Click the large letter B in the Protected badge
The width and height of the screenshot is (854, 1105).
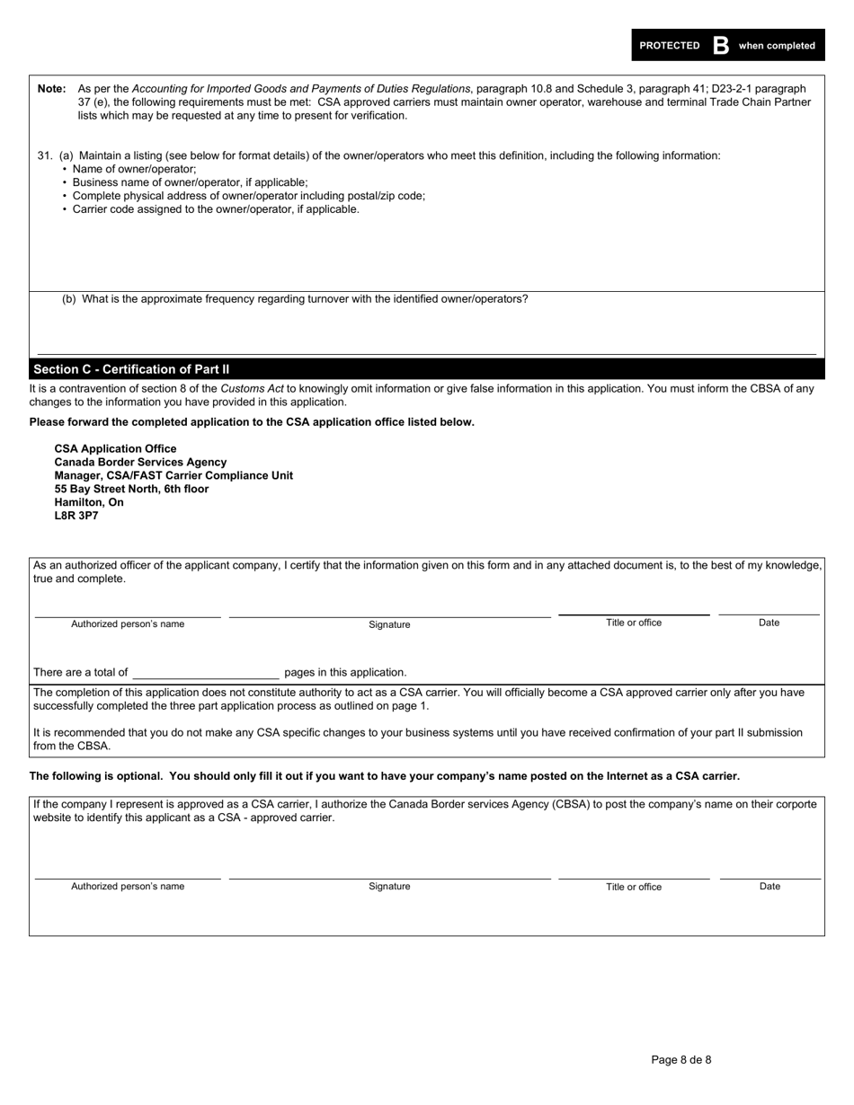[720, 46]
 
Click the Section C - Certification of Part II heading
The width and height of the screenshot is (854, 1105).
[131, 369]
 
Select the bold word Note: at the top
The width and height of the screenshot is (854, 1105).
[51, 89]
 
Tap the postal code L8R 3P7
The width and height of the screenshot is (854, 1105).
[76, 516]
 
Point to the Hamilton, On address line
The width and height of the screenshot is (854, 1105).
[89, 502]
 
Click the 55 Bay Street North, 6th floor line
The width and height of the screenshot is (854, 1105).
[131, 489]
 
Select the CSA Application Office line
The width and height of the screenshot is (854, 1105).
[115, 448]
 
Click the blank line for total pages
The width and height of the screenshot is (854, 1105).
[206, 673]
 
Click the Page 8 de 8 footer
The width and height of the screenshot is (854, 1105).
[681, 1059]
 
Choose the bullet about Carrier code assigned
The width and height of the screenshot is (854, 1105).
[216, 209]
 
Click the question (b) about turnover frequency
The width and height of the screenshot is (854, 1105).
[295, 299]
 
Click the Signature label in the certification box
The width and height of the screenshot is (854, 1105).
[389, 624]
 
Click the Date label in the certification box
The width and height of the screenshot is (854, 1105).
[769, 623]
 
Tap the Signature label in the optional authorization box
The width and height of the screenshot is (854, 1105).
[389, 887]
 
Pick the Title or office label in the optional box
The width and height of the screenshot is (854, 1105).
[633, 887]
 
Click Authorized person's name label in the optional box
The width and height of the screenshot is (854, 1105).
[128, 887]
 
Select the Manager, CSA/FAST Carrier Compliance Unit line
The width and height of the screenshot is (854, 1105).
[173, 475]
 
